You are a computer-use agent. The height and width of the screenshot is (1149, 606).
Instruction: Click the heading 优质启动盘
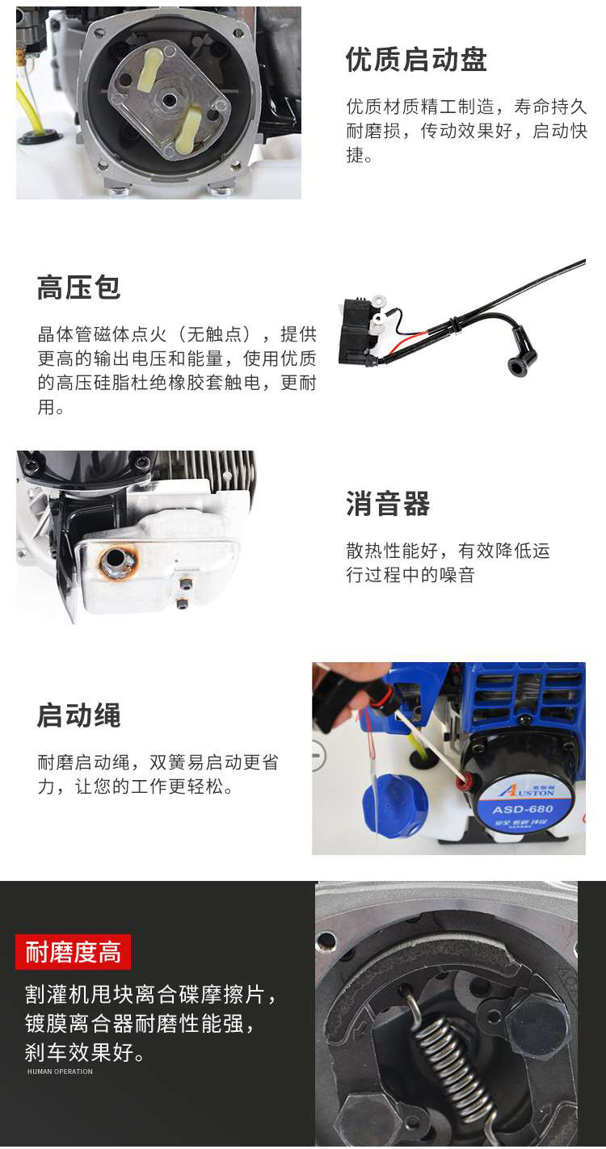(415, 60)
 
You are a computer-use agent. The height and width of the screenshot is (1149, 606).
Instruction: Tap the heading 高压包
(79, 287)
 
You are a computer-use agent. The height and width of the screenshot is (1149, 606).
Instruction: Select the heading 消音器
(388, 503)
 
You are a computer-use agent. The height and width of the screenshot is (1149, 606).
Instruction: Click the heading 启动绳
(79, 715)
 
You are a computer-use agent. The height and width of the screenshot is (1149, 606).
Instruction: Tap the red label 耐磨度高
(74, 951)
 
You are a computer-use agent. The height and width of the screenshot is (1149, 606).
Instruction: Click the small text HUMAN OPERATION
(60, 1071)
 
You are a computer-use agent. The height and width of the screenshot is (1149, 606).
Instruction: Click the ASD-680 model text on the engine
(523, 809)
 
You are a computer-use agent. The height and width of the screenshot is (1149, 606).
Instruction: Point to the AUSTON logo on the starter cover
(527, 791)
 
